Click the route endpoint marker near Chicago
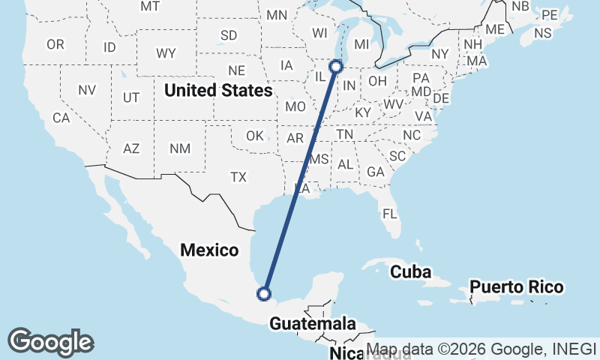click(336, 67)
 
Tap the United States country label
click(218, 91)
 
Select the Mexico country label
click(209, 250)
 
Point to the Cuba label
click(410, 272)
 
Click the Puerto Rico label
click(516, 287)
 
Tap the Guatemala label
click(312, 324)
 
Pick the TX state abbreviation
click(238, 177)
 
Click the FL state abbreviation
click(389, 214)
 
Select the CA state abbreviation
click(61, 118)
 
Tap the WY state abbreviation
click(166, 53)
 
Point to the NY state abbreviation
click(439, 54)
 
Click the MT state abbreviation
click(150, 6)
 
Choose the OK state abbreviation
click(255, 136)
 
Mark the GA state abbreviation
click(376, 172)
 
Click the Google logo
click(50, 342)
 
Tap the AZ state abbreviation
click(131, 148)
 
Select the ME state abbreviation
click(494, 29)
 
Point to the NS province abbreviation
click(542, 33)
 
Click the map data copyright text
click(480, 349)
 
